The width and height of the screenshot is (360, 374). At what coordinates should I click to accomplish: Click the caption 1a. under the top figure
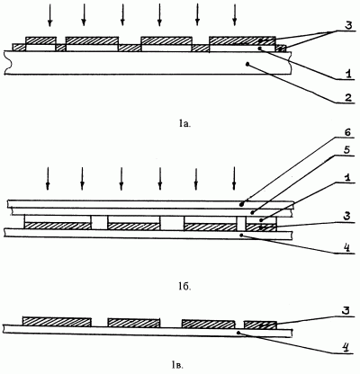[184, 123]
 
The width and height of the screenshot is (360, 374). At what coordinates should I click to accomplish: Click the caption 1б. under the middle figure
[184, 287]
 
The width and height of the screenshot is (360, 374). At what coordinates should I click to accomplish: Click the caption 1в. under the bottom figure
[177, 364]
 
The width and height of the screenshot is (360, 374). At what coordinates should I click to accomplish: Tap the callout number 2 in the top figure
[348, 98]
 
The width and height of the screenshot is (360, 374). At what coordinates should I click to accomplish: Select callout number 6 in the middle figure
[347, 133]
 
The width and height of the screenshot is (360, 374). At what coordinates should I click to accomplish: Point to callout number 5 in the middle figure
[347, 150]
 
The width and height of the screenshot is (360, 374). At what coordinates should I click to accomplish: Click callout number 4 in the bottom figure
[346, 348]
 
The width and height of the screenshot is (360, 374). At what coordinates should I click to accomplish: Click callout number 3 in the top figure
[348, 26]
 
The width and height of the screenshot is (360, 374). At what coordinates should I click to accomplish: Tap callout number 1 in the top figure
[348, 73]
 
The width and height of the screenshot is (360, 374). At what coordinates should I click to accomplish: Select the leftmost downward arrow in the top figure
[49, 15]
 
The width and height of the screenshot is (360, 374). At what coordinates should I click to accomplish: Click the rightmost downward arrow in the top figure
[235, 15]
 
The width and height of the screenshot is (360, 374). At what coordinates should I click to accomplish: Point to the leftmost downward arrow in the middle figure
[47, 179]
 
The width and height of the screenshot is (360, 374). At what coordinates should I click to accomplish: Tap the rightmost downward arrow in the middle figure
[234, 179]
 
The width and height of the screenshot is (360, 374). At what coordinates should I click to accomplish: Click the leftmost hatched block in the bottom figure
[57, 322]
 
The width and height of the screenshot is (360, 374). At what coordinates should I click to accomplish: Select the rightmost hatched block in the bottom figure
[260, 325]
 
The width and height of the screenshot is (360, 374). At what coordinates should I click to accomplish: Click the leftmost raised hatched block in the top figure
[41, 40]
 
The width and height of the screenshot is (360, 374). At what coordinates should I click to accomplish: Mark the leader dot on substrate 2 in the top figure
[247, 64]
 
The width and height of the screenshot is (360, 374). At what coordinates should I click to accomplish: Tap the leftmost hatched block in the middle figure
[58, 227]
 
